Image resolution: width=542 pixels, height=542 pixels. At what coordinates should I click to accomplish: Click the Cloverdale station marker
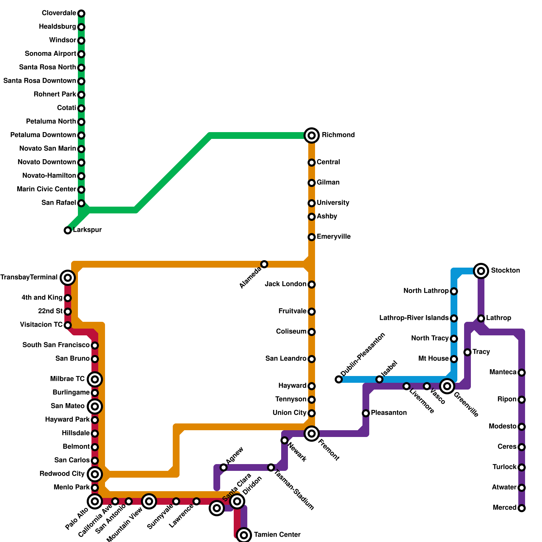[81, 14]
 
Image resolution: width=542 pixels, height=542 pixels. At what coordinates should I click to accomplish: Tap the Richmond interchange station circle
[312, 135]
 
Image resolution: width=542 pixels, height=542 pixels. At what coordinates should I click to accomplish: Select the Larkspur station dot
[68, 230]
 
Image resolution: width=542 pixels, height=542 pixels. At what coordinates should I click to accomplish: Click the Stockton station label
[505, 270]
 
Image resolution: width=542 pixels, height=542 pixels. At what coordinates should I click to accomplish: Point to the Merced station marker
[522, 508]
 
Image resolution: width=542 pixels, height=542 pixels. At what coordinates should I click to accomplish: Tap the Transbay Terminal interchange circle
[68, 278]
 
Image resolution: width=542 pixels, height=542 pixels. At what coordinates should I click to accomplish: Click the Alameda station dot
[264, 264]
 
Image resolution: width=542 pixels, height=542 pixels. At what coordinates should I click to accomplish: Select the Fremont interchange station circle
[312, 434]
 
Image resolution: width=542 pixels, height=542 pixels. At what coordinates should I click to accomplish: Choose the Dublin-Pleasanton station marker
[339, 379]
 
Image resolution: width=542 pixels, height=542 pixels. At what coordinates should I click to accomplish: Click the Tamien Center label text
[277, 535]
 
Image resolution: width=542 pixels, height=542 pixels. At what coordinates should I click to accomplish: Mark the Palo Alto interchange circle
[95, 501]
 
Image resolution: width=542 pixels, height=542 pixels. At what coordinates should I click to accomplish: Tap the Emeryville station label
[333, 236]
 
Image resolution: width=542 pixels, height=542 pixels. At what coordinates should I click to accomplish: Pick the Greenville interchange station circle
[447, 386]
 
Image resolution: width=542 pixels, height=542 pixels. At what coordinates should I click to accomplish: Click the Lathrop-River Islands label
[414, 318]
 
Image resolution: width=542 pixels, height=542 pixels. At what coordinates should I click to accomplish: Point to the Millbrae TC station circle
[95, 379]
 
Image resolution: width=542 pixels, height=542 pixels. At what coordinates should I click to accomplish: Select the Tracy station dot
[467, 352]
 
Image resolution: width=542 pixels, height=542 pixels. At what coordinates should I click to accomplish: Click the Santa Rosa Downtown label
[40, 81]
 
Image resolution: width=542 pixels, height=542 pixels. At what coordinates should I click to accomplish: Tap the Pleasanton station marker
[366, 413]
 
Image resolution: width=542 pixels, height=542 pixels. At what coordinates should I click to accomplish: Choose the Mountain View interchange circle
[149, 501]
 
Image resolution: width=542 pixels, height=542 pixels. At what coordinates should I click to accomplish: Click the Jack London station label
[286, 284]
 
